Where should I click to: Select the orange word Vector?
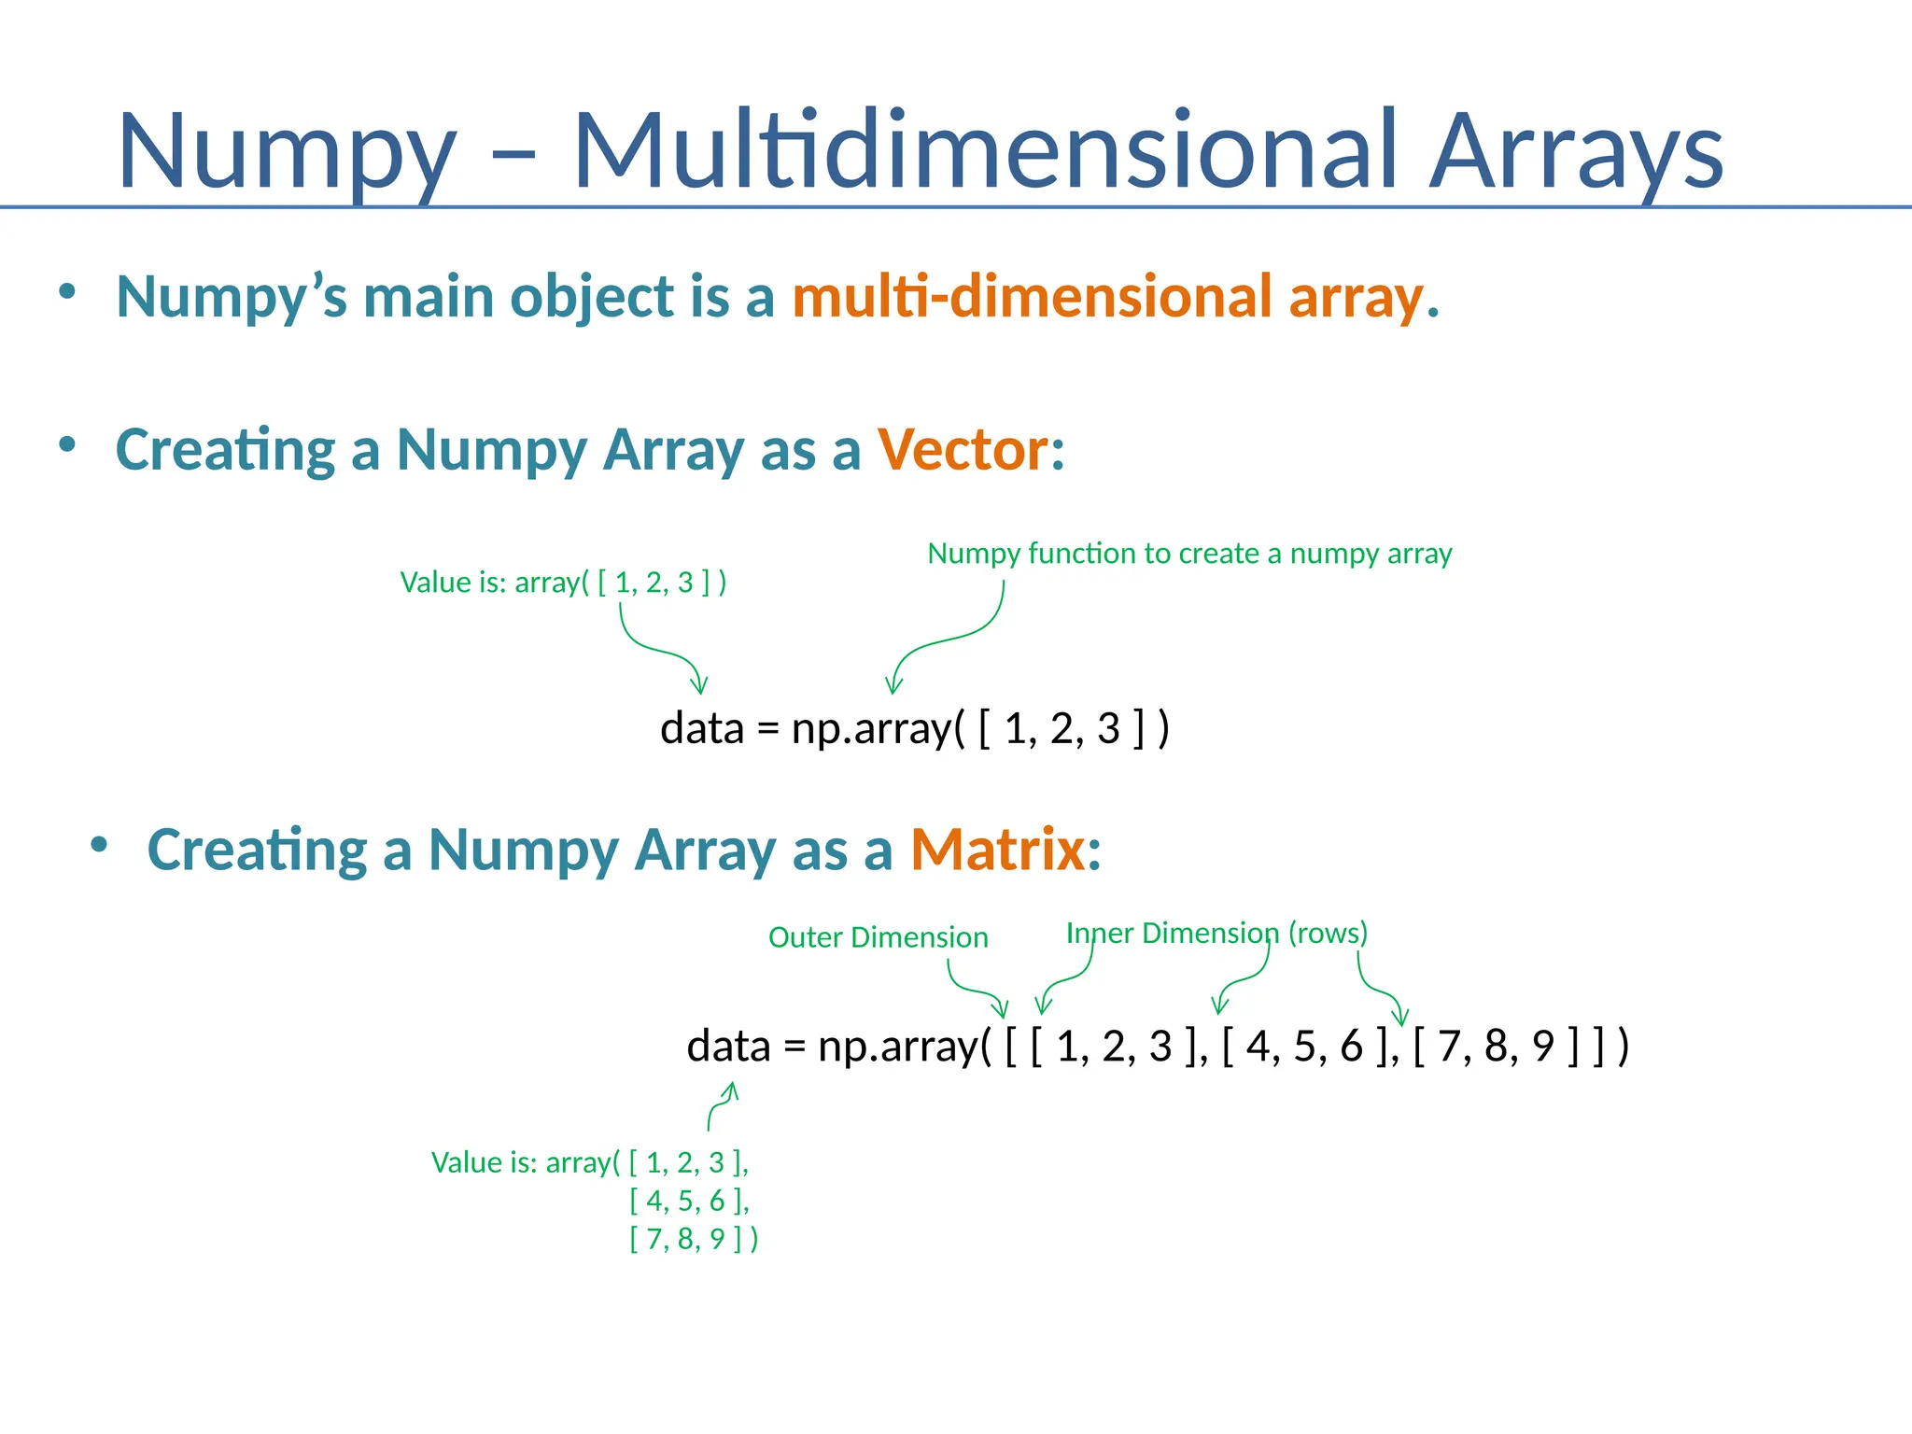pos(963,450)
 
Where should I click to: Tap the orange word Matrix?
pos(998,850)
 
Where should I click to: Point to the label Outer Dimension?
pos(878,937)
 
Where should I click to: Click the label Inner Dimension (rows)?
pos(1216,933)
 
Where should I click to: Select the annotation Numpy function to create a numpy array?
pos(1189,554)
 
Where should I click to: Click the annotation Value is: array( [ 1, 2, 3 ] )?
pos(563,583)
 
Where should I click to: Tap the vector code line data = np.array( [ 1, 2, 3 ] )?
pos(914,728)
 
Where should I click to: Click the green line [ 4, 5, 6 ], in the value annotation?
pos(689,1201)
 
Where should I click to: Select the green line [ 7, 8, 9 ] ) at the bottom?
pos(694,1239)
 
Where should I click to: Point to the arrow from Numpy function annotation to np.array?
pos(943,640)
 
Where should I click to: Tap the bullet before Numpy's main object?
pos(66,292)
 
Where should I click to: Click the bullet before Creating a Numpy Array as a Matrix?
pos(99,846)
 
